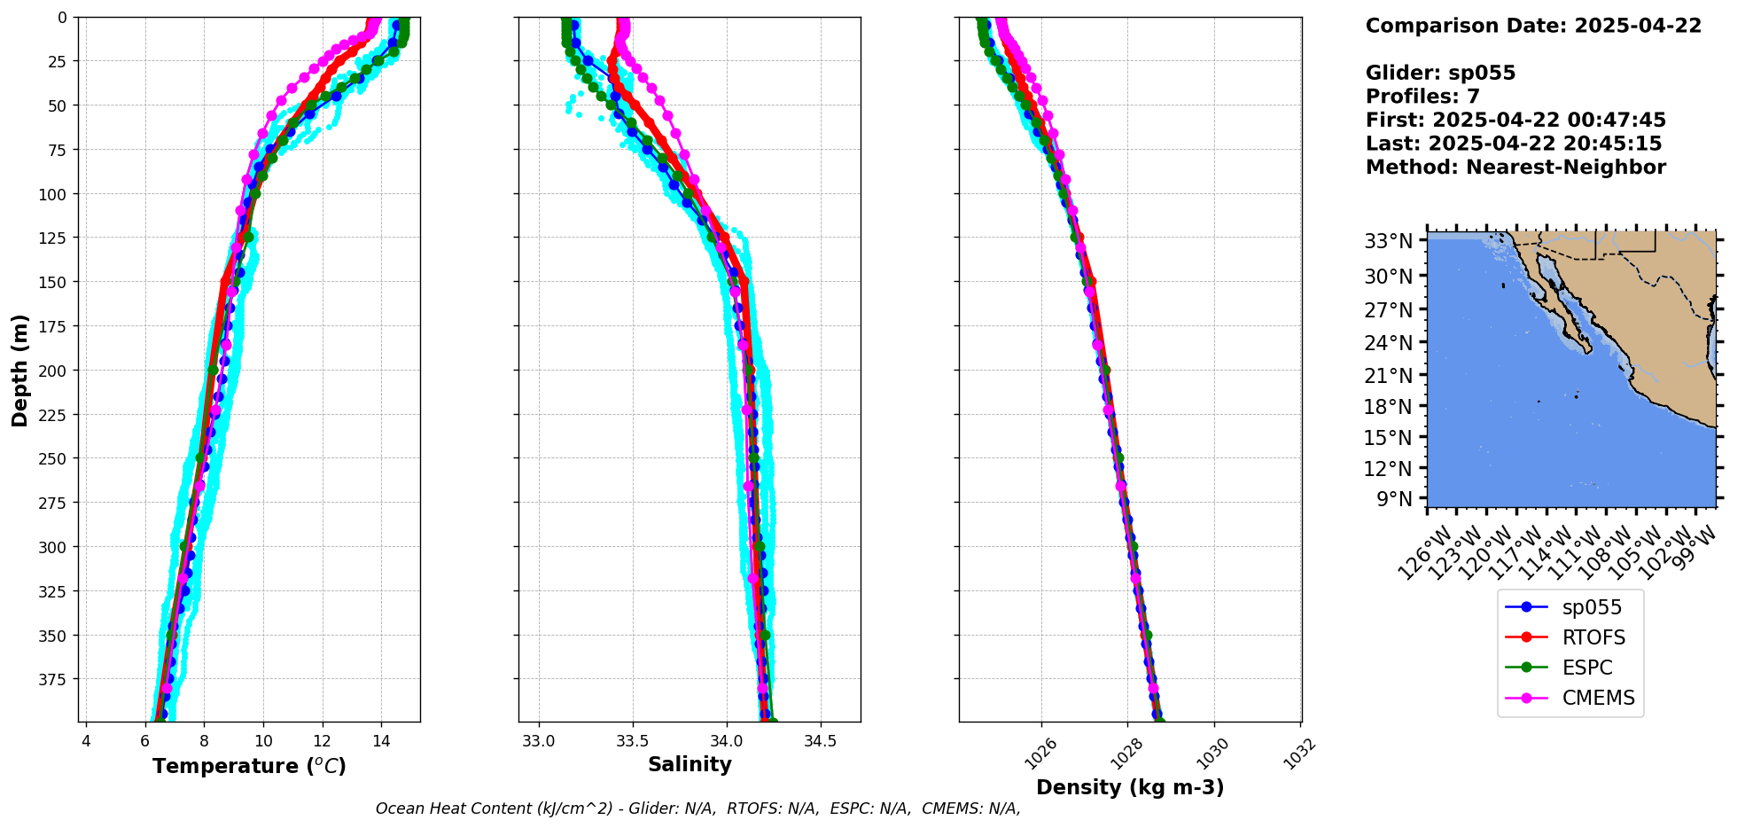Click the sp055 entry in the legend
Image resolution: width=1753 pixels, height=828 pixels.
(1591, 607)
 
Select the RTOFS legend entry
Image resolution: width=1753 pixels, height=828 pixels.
(1593, 637)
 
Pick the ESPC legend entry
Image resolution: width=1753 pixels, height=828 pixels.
(1586, 668)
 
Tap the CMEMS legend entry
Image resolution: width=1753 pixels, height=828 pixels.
(1598, 698)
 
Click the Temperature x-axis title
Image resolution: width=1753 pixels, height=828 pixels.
(249, 766)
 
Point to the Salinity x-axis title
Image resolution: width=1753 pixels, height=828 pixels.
(690, 764)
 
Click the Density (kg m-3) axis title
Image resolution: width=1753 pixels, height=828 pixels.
(1130, 787)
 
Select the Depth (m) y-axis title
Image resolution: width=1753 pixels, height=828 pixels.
(19, 370)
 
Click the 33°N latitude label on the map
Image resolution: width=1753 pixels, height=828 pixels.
(1388, 241)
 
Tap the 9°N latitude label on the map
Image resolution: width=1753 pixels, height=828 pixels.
(1394, 499)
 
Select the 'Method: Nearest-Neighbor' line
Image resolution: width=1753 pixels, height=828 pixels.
(1515, 168)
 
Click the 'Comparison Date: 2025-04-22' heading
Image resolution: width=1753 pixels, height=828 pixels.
(1533, 26)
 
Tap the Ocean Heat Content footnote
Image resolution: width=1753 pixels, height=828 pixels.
(697, 808)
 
